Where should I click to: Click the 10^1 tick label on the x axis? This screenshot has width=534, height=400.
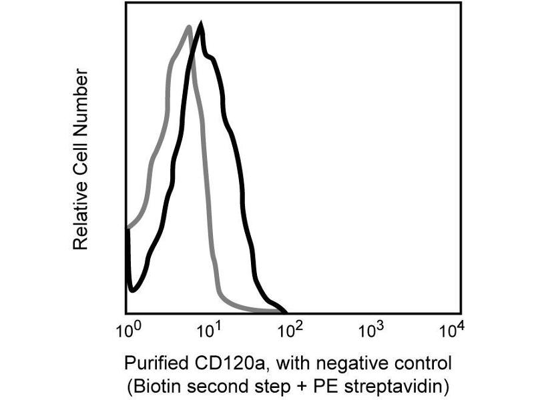click(210, 329)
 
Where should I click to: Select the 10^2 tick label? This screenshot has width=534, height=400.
click(291, 329)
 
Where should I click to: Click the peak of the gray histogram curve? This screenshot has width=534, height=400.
click(190, 27)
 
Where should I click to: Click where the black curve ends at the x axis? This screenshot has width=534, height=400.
click(286, 312)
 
